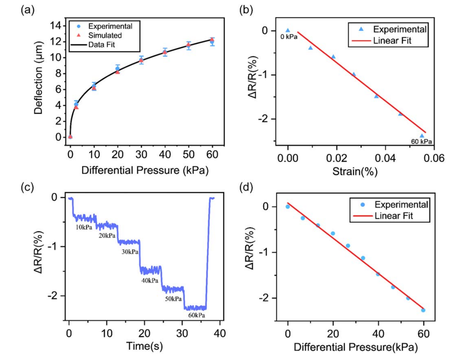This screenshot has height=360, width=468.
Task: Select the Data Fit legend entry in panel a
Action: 101,45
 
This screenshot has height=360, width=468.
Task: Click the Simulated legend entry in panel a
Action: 105,36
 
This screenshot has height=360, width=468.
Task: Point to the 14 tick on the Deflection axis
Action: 55,26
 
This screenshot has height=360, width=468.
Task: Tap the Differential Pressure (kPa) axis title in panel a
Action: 145,171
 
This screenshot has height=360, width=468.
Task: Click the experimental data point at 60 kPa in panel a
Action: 212,42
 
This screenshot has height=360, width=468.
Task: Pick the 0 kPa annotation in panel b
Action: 289,37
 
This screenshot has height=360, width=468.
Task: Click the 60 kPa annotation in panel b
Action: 421,142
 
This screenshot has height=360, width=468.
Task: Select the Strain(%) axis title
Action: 355,172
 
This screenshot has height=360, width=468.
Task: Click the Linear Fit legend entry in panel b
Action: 392,40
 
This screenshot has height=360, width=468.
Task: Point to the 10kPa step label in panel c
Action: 84,227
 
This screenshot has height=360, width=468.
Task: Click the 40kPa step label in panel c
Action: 150,280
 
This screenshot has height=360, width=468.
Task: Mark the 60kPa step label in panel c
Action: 196,315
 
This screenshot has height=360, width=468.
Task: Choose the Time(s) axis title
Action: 144,346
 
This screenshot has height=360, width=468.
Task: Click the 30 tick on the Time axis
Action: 182,333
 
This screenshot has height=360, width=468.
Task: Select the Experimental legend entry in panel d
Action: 401,205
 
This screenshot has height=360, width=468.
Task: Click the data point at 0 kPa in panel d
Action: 288,207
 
